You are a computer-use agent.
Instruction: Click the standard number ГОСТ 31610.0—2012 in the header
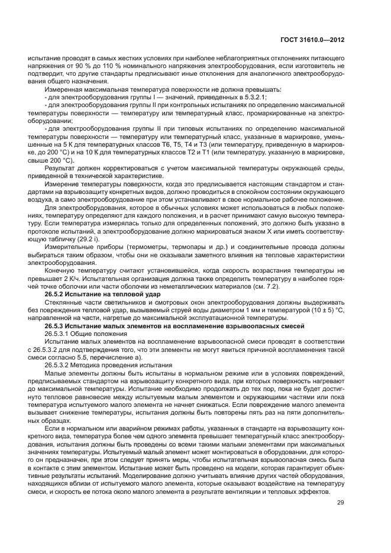point(315,40)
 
